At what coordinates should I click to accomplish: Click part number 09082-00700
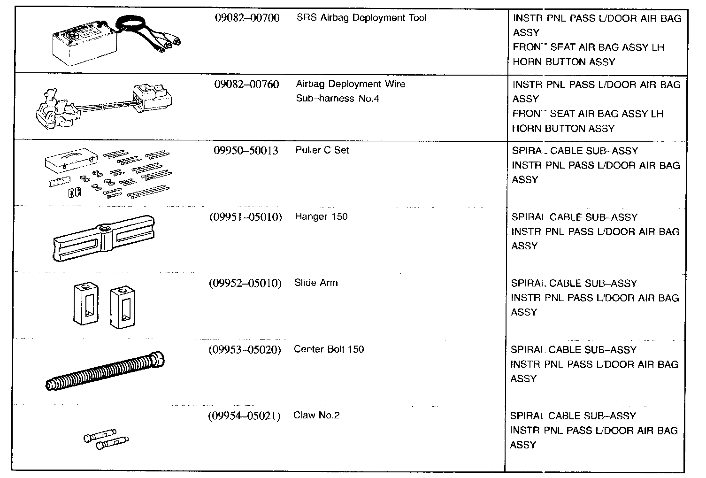coord(246,18)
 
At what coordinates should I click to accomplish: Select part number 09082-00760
coord(246,85)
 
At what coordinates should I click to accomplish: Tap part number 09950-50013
coord(246,151)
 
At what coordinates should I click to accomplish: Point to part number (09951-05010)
coord(246,217)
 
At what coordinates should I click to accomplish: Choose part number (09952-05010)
coord(245,283)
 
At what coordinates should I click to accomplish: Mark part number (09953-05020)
coord(245,349)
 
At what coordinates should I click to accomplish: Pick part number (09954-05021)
coord(244,416)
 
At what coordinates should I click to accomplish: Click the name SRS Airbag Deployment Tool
coord(361,18)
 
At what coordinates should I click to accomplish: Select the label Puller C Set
coord(322,151)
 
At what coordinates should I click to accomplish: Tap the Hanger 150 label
coord(321,217)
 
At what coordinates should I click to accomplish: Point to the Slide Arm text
coord(315,283)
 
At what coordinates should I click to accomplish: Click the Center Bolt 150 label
coord(329,349)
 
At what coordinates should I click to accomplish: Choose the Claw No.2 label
coord(316,416)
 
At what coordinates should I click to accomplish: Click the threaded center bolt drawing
coord(106,371)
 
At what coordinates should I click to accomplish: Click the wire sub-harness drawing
coord(103,106)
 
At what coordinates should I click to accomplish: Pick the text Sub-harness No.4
coord(337,99)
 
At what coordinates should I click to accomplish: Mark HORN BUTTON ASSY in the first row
coord(563,62)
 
